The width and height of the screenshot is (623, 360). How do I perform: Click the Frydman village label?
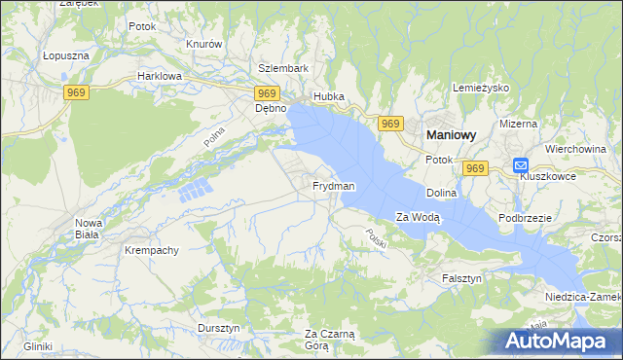click(333, 185)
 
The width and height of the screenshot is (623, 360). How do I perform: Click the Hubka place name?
click(328, 97)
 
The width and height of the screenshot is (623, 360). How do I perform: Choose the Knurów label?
click(204, 45)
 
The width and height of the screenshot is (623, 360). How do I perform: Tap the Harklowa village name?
click(160, 75)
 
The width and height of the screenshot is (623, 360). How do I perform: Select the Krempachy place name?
click(151, 250)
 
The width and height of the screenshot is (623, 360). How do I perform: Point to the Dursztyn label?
click(219, 328)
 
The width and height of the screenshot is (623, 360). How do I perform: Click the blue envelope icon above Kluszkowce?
click(521, 165)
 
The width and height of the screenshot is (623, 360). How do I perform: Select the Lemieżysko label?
click(482, 88)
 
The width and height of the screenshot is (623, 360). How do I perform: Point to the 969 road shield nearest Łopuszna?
click(78, 92)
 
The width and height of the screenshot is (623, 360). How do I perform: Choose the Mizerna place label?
click(518, 124)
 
